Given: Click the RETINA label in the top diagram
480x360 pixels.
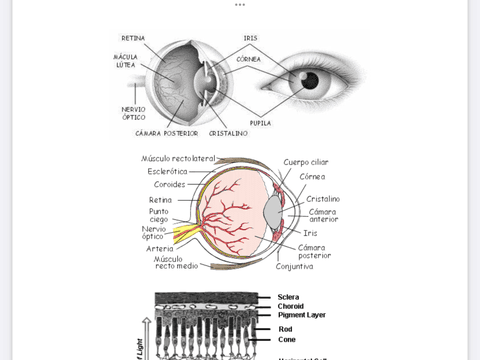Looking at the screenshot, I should (x=132, y=38).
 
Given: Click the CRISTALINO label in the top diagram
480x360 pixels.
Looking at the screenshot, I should (x=228, y=132).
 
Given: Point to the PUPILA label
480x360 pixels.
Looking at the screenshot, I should (x=260, y=123).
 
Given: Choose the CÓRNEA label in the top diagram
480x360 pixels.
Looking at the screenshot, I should (x=249, y=59).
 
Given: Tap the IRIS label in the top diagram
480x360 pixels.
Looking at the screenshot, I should (x=250, y=38).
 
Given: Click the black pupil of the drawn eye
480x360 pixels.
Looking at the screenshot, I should (x=311, y=81).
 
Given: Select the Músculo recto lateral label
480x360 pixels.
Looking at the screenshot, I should (x=178, y=158).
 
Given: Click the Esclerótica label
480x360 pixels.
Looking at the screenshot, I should (x=168, y=171).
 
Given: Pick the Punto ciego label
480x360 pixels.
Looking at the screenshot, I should (x=159, y=216).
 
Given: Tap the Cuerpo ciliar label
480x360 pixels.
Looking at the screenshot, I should (x=306, y=162).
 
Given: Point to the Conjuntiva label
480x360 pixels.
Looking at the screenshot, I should (x=295, y=267).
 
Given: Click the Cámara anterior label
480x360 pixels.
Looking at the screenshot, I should (x=323, y=215).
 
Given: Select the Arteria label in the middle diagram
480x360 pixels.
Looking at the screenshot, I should (x=160, y=249).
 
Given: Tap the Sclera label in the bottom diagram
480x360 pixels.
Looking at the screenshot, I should (x=288, y=297).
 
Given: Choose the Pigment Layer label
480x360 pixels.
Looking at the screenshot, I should (x=301, y=315).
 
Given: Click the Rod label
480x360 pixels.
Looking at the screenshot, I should (x=285, y=329).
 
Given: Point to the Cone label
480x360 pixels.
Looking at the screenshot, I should (x=287, y=340).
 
